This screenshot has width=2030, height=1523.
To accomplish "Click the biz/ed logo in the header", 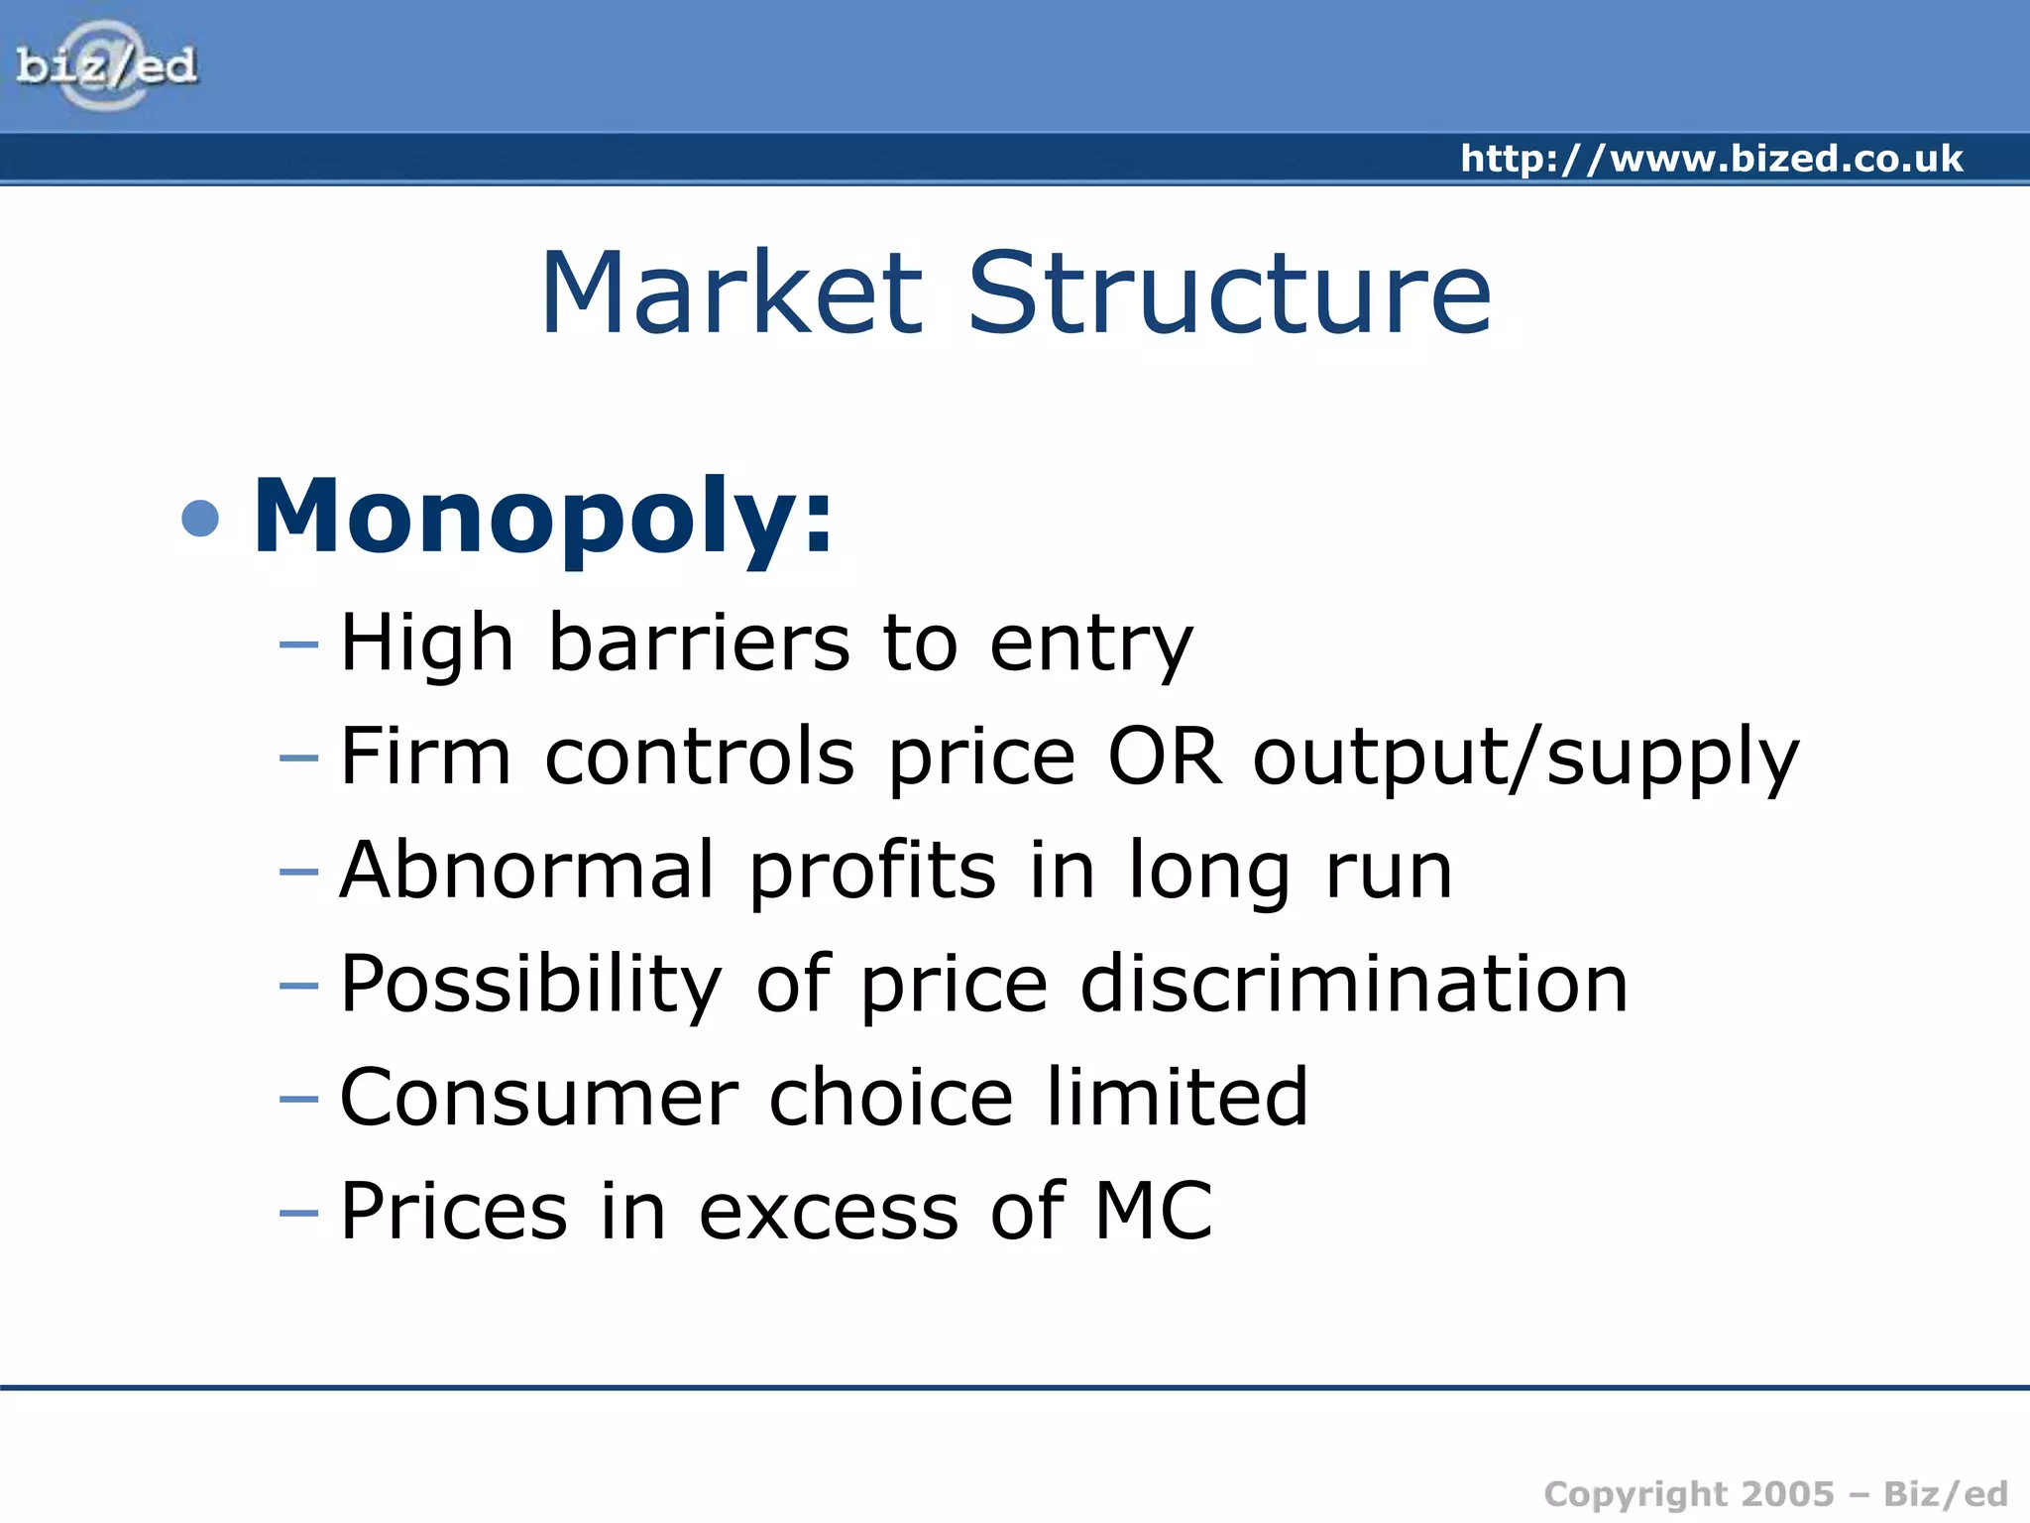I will pyautogui.click(x=107, y=66).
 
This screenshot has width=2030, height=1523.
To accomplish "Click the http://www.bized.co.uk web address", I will pyautogui.click(x=1711, y=159).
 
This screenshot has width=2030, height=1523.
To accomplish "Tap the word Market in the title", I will pyautogui.click(x=732, y=293).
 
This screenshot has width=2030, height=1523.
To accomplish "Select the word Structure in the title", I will pyautogui.click(x=1228, y=293).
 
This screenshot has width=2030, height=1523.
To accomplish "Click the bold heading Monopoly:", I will pyautogui.click(x=542, y=518).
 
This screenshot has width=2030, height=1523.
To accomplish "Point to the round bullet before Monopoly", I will pyautogui.click(x=200, y=519).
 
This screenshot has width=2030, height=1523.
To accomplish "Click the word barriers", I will pyautogui.click(x=699, y=643).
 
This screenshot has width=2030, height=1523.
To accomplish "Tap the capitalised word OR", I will pyautogui.click(x=1164, y=757).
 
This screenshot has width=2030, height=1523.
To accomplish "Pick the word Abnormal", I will pyautogui.click(x=526, y=870).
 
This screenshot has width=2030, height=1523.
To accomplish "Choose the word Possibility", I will pyautogui.click(x=531, y=986).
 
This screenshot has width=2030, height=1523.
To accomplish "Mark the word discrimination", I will pyautogui.click(x=1354, y=984).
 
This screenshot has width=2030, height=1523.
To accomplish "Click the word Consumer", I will pyautogui.click(x=538, y=1098).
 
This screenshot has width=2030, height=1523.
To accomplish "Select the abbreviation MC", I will pyautogui.click(x=1153, y=1211).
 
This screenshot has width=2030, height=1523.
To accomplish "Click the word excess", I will pyautogui.click(x=829, y=1213).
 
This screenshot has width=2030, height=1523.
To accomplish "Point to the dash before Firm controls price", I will pyautogui.click(x=298, y=759).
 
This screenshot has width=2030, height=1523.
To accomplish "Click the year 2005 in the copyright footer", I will pyautogui.click(x=1787, y=1493).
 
